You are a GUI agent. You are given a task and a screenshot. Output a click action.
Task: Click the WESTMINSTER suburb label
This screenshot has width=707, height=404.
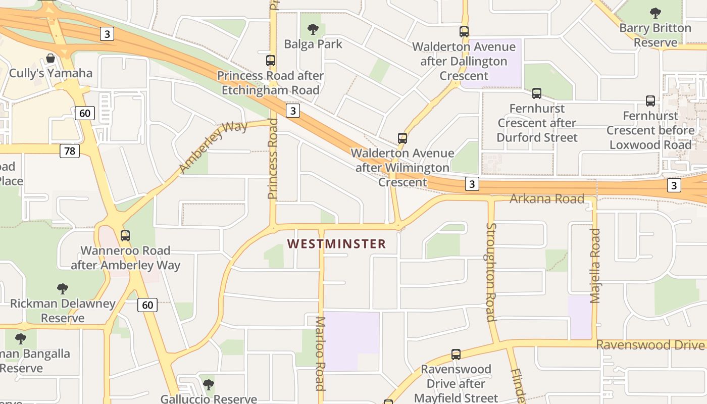[x=336, y=244]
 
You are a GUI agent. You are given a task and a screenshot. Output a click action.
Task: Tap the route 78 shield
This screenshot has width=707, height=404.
[x=70, y=150]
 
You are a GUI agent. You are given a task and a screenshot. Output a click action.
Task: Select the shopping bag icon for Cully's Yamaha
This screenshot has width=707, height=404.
[x=50, y=59]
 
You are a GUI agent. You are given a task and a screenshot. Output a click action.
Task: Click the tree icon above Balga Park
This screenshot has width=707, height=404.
[x=313, y=29]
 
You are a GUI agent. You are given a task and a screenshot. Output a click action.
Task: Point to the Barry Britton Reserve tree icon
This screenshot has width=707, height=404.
[x=655, y=13]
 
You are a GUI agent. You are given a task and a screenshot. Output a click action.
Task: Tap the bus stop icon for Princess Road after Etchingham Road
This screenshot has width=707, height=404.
[x=271, y=61]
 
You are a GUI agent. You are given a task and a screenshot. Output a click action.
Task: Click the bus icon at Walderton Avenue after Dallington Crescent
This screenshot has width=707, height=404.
[x=464, y=32]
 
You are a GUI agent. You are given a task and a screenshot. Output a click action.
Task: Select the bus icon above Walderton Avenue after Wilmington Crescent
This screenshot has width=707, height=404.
[x=402, y=138]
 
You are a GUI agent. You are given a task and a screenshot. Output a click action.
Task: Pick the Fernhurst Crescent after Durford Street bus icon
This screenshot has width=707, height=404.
[x=537, y=93]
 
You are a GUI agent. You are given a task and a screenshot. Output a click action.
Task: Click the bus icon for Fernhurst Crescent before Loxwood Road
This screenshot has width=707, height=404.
[x=650, y=101]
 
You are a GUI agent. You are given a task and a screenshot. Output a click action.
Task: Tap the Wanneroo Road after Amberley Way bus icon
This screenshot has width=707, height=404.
[x=125, y=236]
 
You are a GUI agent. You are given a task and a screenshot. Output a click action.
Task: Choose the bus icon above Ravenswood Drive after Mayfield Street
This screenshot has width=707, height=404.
[x=456, y=355]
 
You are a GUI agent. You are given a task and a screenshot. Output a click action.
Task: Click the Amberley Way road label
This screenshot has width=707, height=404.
[x=213, y=147]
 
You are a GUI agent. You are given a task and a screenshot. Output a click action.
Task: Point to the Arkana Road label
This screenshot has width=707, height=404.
[x=546, y=198]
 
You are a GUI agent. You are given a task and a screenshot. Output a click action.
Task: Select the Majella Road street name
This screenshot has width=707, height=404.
[x=595, y=266]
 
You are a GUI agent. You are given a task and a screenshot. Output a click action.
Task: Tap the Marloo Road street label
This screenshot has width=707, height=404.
[x=320, y=353]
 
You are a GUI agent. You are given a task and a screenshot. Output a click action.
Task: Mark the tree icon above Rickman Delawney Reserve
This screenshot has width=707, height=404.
[x=63, y=289]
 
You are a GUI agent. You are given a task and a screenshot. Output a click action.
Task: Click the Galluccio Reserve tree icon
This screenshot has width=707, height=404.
[x=208, y=385]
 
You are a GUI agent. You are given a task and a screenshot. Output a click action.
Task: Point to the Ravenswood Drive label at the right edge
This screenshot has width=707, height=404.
[x=650, y=345]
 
